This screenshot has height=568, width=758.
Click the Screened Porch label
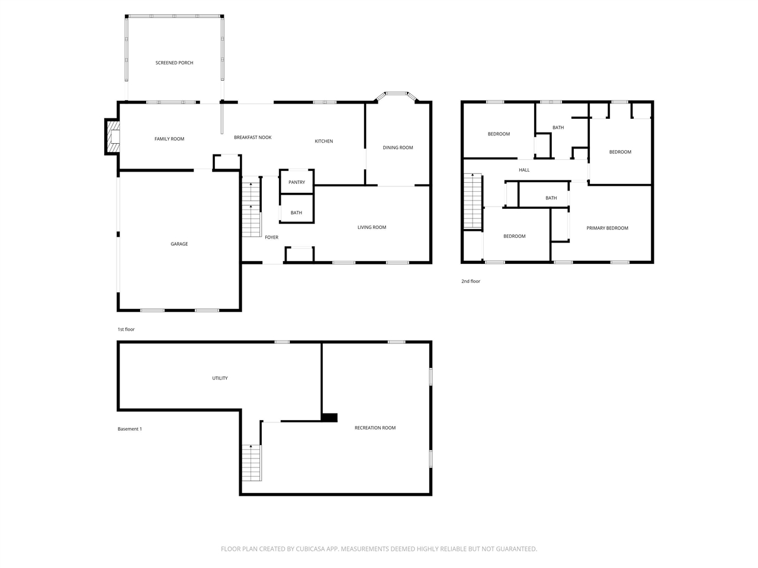pyautogui.click(x=174, y=63)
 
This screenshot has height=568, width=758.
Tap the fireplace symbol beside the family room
pyautogui.click(x=113, y=137)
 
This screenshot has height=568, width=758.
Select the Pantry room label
pyautogui.click(x=297, y=182)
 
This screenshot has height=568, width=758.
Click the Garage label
pyautogui.click(x=179, y=244)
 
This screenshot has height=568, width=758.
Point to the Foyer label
pyautogui.click(x=271, y=237)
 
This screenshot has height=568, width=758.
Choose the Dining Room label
pyautogui.click(x=398, y=147)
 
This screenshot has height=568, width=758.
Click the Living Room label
pyautogui.click(x=372, y=227)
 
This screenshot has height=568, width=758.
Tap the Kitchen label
pyautogui.click(x=324, y=141)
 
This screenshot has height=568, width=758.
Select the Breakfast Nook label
pyautogui.click(x=253, y=137)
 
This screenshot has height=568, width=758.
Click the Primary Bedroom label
pyautogui.click(x=607, y=228)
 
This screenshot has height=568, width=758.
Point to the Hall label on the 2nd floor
pyautogui.click(x=524, y=170)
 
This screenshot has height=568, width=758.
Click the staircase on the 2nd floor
pyautogui.click(x=473, y=201)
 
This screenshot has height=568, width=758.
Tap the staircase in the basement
pyautogui.click(x=251, y=463)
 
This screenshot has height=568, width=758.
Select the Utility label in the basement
pyautogui.click(x=220, y=378)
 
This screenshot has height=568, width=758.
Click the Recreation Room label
pyautogui.click(x=375, y=428)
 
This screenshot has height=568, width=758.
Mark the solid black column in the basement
pyautogui.click(x=329, y=417)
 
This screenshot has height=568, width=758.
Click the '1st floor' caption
pyautogui.click(x=126, y=329)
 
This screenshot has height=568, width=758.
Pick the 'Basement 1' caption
pyautogui.click(x=130, y=429)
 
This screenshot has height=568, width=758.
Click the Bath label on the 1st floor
pyautogui.click(x=296, y=213)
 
